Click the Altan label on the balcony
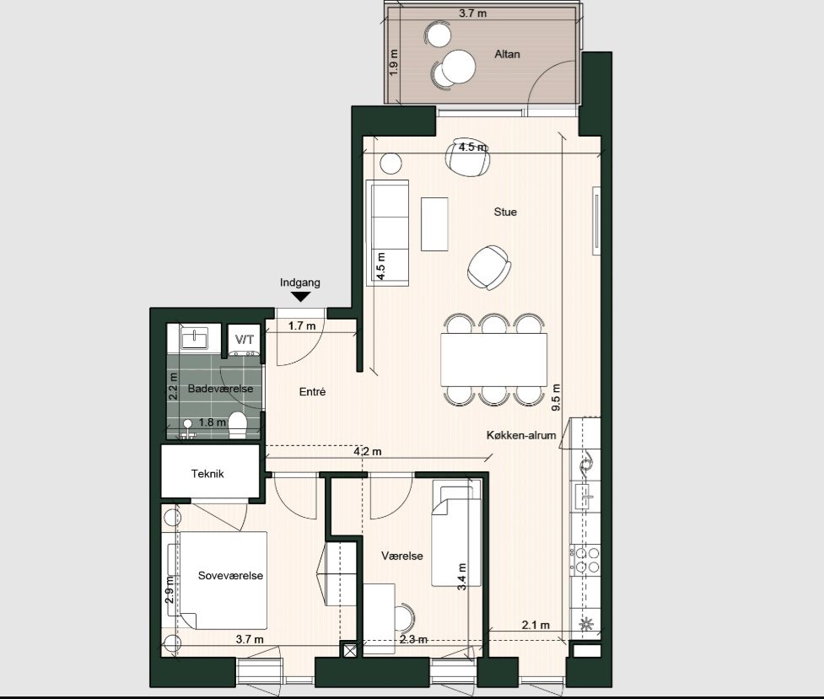point(507,54)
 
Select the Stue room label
point(505,212)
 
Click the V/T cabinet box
point(245,339)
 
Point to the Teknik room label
point(207,474)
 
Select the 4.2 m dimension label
point(368,452)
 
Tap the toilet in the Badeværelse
point(239,423)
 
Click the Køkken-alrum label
point(520,435)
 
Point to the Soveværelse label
point(230,576)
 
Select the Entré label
point(312,392)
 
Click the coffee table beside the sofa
point(434,223)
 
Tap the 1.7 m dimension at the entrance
point(302,325)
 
